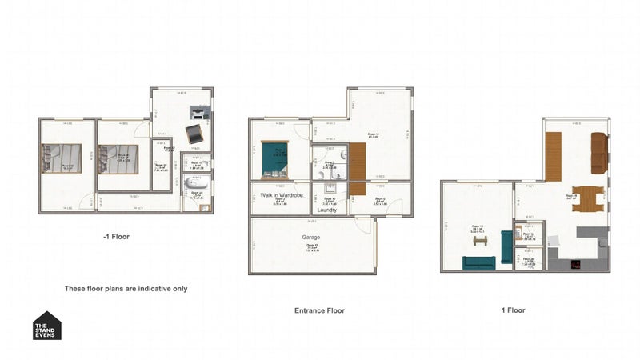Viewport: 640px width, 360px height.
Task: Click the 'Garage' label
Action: [x=311, y=238]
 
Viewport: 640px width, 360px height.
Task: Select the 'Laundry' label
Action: [x=326, y=210]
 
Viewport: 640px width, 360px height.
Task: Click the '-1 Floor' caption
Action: [x=116, y=237]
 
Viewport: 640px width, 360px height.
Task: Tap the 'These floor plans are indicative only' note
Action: [x=126, y=288]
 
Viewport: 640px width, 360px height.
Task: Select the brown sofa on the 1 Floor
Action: [x=598, y=153]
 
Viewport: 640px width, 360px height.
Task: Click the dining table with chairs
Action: [x=588, y=198]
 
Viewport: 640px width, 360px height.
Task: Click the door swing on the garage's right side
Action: [x=364, y=226]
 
